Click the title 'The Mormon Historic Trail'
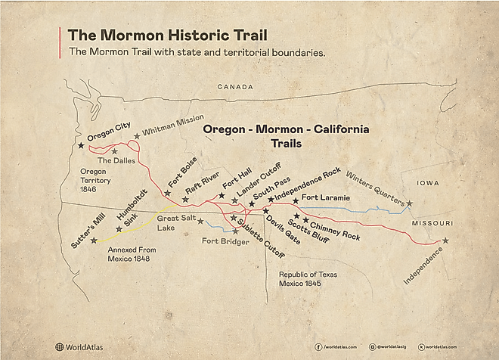point(167,36)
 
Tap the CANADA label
point(236,87)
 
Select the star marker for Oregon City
point(81,144)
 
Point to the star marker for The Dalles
point(114,151)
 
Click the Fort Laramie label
point(325,197)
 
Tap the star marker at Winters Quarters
point(409,203)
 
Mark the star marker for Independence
point(445,241)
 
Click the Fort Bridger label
point(224,241)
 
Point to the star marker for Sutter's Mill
point(94,241)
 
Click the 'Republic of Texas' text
point(308,275)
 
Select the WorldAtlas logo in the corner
point(79,347)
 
